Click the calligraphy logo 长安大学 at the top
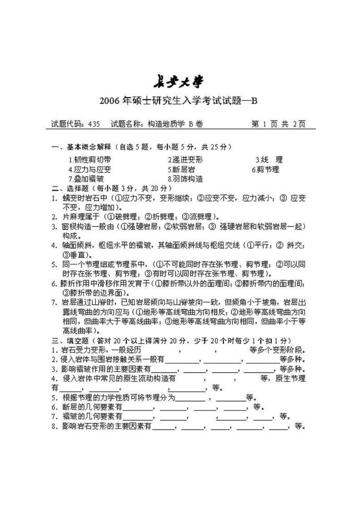tap(178, 82)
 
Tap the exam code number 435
tap(94, 124)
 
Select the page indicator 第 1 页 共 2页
tap(278, 124)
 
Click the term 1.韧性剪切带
tap(90, 160)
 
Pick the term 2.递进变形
tap(185, 160)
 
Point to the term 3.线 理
tap(269, 160)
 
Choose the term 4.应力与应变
tap(90, 169)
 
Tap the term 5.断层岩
tap(182, 169)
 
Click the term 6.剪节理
tap(265, 169)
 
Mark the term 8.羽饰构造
tap(185, 179)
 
